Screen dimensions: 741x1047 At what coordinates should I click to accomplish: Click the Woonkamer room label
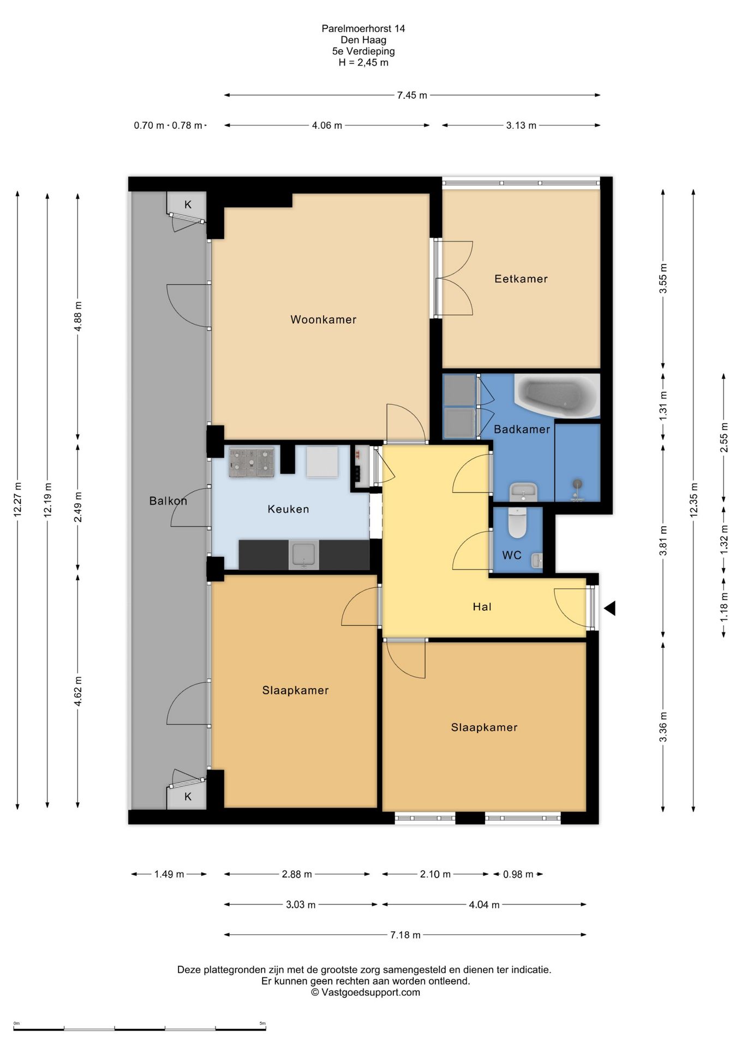click(x=323, y=320)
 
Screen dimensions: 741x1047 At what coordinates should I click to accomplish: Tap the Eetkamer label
click(x=521, y=279)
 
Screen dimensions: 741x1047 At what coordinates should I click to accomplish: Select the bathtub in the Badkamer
click(x=557, y=395)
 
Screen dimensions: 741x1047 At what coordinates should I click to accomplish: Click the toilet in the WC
click(x=517, y=522)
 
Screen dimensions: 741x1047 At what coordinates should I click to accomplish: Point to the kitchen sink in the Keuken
click(x=303, y=555)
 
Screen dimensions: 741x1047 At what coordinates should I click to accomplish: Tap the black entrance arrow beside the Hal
click(x=609, y=608)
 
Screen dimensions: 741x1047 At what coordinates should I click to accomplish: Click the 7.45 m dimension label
click(x=412, y=95)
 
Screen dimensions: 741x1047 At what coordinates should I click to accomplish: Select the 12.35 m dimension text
click(x=694, y=500)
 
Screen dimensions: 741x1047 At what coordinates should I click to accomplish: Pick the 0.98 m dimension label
click(x=518, y=874)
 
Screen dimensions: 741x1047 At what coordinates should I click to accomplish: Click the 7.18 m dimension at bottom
click(x=405, y=935)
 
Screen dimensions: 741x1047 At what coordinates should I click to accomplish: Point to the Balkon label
click(x=168, y=501)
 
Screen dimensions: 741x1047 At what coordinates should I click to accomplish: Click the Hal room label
click(x=482, y=606)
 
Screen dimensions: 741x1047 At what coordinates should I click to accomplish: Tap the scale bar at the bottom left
click(x=140, y=1029)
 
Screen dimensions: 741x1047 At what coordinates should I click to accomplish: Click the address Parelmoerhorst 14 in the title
click(x=363, y=28)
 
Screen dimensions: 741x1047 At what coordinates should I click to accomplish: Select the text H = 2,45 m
click(x=363, y=62)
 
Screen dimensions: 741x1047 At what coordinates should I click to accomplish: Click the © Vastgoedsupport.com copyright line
click(x=366, y=992)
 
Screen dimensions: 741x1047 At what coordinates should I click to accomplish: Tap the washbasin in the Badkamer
click(x=523, y=492)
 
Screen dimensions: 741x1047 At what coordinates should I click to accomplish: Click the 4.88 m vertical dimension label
click(x=78, y=316)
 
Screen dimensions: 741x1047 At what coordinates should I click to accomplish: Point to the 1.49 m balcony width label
click(x=169, y=874)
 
